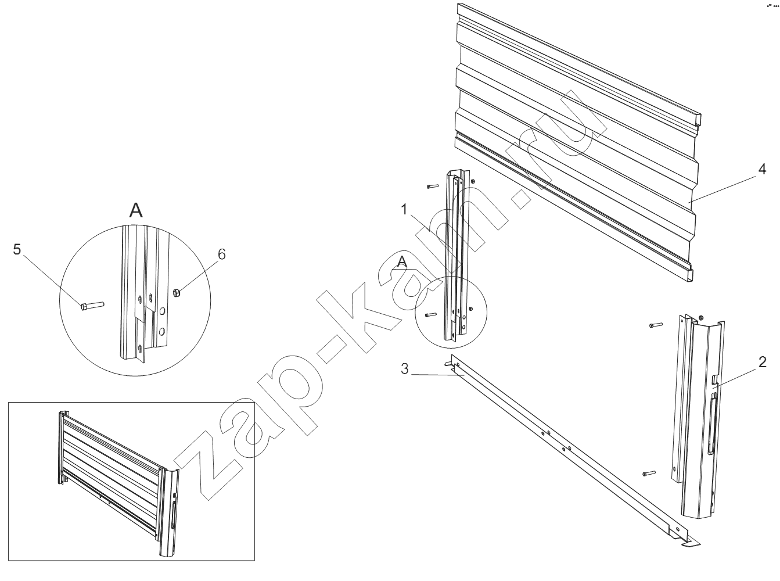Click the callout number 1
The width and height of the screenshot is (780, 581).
tap(404, 210)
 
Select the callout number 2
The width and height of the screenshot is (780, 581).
tap(762, 362)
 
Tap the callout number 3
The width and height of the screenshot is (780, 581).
tap(404, 369)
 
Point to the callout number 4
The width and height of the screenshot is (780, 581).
tap(762, 169)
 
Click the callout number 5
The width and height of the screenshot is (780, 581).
tap(17, 249)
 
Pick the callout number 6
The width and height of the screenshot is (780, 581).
tap(221, 254)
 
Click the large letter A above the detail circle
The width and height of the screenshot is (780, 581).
tap(136, 210)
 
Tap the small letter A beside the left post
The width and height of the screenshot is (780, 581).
tap(402, 262)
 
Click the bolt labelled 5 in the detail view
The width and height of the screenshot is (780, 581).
tap(92, 305)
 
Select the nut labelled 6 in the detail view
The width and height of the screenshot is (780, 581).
tap(177, 292)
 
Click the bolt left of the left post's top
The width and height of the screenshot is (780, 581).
tap(433, 186)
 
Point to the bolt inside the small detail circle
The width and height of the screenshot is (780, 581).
tap(431, 315)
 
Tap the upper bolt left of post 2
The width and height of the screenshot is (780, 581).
tap(656, 325)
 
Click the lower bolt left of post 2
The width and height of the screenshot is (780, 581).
tap(649, 474)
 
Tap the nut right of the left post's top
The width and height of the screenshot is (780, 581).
tap(473, 182)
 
